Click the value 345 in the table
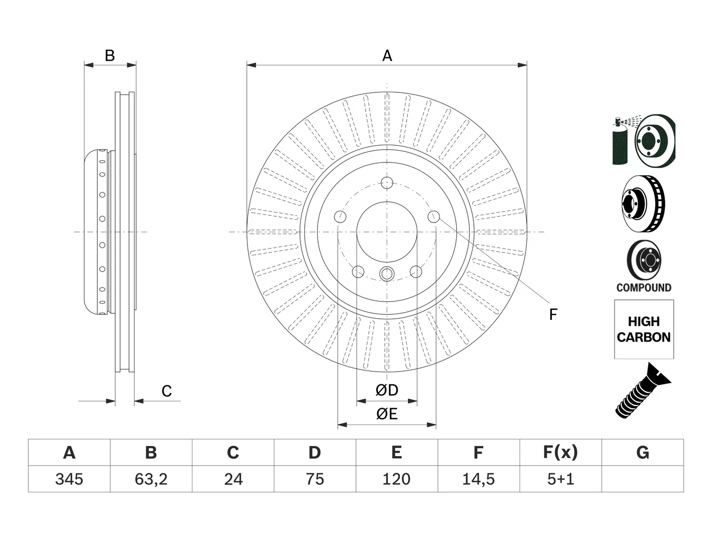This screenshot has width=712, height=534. tap(69, 479)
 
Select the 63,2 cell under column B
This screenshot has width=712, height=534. tap(151, 479)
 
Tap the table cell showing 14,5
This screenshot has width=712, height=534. tap(478, 479)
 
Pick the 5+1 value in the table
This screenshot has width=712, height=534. tap(561, 479)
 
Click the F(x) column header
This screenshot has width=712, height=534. tap(561, 452)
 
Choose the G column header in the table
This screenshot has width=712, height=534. tap(642, 452)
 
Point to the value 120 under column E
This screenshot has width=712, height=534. tap(397, 479)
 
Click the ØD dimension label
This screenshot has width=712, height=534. tap(387, 390)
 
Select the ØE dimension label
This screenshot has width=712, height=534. tap(387, 414)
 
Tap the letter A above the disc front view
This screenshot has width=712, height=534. tap(387, 56)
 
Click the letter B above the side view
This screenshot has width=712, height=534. tap(110, 56)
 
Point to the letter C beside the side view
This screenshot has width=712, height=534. tap(167, 391)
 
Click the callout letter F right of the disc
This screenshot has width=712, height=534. tap(553, 314)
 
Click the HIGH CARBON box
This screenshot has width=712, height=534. tap(644, 329)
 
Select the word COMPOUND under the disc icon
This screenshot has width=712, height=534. tap(644, 288)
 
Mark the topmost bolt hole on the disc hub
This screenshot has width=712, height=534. tap(387, 183)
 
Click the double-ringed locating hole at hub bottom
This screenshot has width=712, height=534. tap(387, 274)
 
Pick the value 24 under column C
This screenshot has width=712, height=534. tap(233, 479)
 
